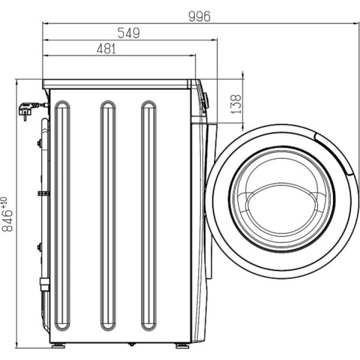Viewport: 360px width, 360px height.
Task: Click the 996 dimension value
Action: click(199, 16)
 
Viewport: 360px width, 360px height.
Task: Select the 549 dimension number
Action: click(128, 33)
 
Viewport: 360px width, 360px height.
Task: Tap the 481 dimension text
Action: click(106, 49)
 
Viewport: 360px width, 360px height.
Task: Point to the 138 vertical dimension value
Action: click(236, 104)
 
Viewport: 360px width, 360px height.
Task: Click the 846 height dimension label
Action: click(7, 220)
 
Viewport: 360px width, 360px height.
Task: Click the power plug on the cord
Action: click(26, 110)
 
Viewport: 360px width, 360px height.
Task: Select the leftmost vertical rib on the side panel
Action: click(62, 215)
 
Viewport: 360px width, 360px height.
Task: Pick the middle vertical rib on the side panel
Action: click(108, 215)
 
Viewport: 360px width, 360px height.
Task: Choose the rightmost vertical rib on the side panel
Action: click(149, 215)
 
